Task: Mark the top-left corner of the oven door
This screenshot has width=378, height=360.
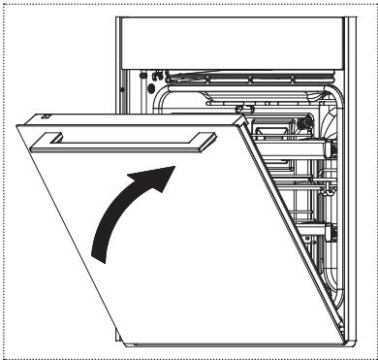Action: pos(20,124)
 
